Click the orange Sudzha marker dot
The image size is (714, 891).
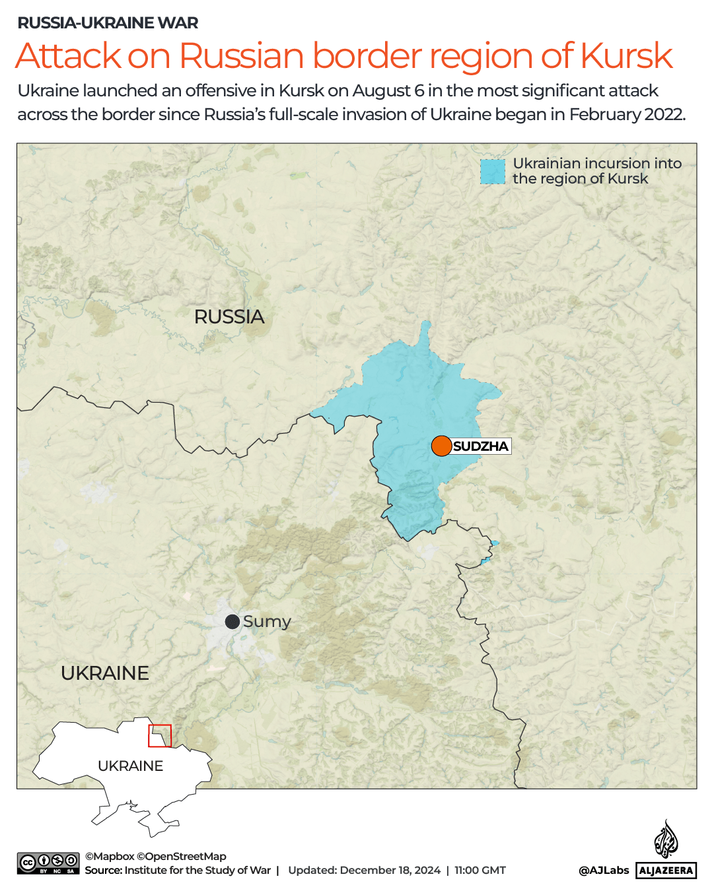coord(441,446)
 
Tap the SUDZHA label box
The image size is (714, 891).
coord(481,446)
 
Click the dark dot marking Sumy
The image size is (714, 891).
coord(232,622)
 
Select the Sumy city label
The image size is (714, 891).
coord(267,622)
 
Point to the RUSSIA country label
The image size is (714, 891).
coord(229,317)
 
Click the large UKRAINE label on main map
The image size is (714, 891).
coord(105,673)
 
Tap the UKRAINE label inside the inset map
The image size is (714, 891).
coord(130,766)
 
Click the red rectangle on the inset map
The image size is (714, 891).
coord(160,736)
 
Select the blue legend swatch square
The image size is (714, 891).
coord(492,172)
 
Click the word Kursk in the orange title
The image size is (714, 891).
coord(626,56)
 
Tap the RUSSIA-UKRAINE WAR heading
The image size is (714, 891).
coord(108,23)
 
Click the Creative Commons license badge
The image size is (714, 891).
coord(48,863)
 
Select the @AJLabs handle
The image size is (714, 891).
coord(604,871)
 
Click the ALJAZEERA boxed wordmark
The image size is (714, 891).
coord(666,871)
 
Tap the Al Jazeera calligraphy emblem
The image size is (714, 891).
coord(666,839)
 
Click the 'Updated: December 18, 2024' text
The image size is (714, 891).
coord(364,871)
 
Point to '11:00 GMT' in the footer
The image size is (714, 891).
coord(480,871)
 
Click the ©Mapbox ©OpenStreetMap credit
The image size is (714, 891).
coord(155,857)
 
